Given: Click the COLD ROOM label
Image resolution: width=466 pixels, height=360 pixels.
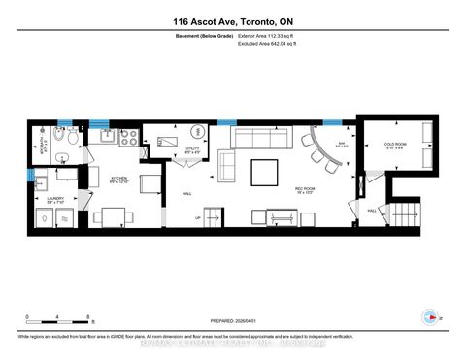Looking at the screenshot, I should pyautogui.click(x=395, y=146).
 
